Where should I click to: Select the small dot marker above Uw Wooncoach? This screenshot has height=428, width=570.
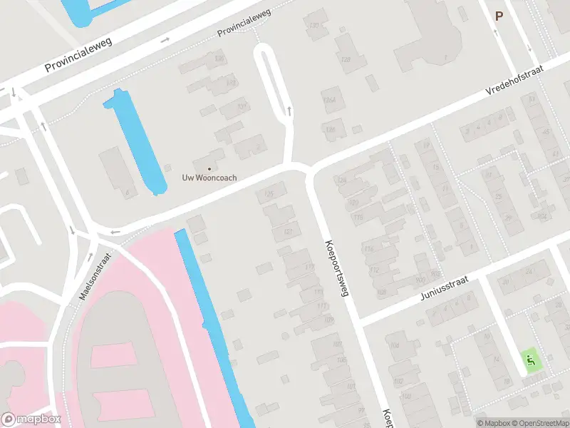tap(208, 168)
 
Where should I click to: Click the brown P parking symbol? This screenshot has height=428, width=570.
tap(499, 16)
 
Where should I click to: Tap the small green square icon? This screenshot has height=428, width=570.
tap(530, 361)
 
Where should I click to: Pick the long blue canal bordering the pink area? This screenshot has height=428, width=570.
tap(214, 328)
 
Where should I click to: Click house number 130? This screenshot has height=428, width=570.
tap(313, 26)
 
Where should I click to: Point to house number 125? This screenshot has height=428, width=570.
tap(269, 194)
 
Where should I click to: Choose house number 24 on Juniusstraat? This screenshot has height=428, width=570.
tap(529, 272)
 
